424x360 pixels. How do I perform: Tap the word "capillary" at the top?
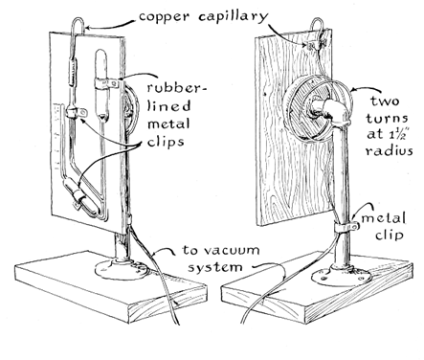[234, 16]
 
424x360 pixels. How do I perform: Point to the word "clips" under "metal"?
[166, 141]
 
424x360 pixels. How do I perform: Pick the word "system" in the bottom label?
[214, 267]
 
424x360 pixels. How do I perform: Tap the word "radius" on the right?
[390, 150]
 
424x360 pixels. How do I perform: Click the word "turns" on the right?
[387, 119]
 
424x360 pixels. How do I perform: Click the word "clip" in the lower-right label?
[390, 236]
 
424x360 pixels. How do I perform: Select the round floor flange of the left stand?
[123, 270]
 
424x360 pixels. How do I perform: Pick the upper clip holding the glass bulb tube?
[106, 83]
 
